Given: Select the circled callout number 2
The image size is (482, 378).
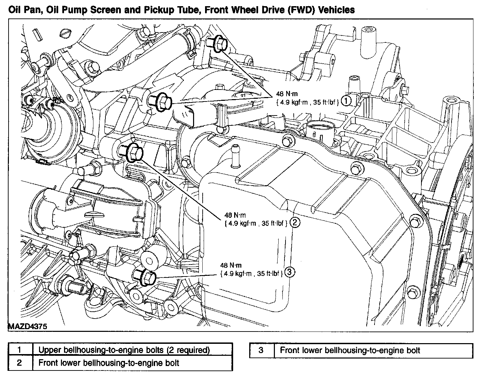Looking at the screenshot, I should click(x=295, y=223).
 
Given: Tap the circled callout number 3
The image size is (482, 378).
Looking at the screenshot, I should click(x=290, y=272).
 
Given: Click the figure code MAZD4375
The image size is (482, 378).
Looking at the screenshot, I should click(x=27, y=326).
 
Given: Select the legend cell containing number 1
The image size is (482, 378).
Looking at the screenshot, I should click(x=20, y=350).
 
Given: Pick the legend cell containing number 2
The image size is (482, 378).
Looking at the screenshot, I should click(x=20, y=363).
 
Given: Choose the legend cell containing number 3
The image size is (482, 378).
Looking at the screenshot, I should click(x=262, y=351).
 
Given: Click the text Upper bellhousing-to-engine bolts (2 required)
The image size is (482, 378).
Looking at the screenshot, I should click(x=124, y=350).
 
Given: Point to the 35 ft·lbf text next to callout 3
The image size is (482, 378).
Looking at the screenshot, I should click(x=269, y=273).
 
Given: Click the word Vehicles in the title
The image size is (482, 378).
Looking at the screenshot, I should click(x=336, y=10).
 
